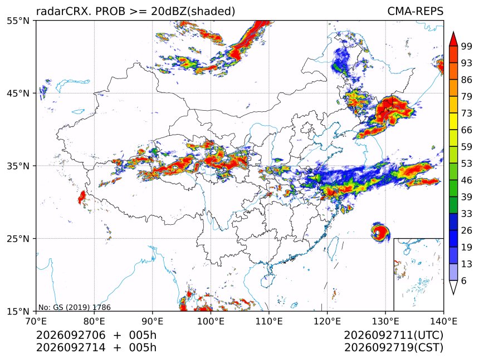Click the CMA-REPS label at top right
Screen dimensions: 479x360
pyautogui.click(x=415, y=11)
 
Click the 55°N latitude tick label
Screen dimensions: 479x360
pyautogui.click(x=18, y=21)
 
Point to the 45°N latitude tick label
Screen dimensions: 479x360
pyautogui.click(x=18, y=93)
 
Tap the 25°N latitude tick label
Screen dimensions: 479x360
pyautogui.click(x=18, y=238)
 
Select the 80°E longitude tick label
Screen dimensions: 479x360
pyautogui.click(x=94, y=321)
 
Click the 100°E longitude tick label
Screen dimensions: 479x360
pyautogui.click(x=211, y=321)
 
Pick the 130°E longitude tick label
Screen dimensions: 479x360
pyautogui.click(x=385, y=321)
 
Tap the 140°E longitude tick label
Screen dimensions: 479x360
pyautogui.click(x=443, y=321)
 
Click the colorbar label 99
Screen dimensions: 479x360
pyautogui.click(x=467, y=46)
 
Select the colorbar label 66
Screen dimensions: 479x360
pyautogui.click(x=467, y=130)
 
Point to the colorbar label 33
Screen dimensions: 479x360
pyautogui.click(x=467, y=214)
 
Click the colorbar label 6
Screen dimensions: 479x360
pyautogui.click(x=464, y=280)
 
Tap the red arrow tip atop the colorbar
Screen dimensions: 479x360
pyautogui.click(x=453, y=32)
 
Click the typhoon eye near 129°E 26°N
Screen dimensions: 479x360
pyautogui.click(x=378, y=233)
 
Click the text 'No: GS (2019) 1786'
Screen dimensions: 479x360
pyautogui.click(x=75, y=307)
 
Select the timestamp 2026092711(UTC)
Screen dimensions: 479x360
pyautogui.click(x=393, y=335)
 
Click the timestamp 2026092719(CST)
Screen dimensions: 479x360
pyautogui.click(x=393, y=348)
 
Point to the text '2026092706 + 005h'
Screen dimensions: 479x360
pyautogui.click(x=96, y=335)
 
